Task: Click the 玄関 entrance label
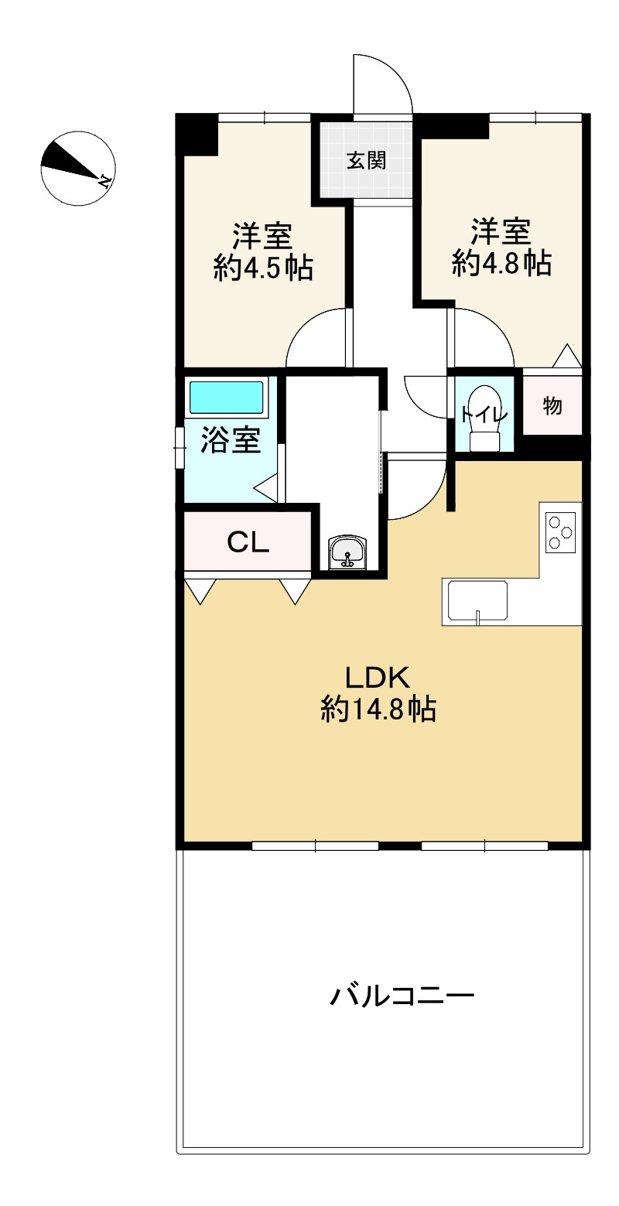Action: point(366,160)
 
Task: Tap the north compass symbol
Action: point(78,168)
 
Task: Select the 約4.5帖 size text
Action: point(263,267)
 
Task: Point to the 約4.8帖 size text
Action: point(501,263)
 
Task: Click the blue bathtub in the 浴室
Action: point(226,398)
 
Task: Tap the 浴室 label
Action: point(231,439)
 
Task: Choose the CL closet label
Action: point(248,542)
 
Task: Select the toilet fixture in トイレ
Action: point(485,418)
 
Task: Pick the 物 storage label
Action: point(552,405)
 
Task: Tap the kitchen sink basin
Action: point(477,601)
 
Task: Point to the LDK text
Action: point(377,678)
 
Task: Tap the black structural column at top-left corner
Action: point(198,135)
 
